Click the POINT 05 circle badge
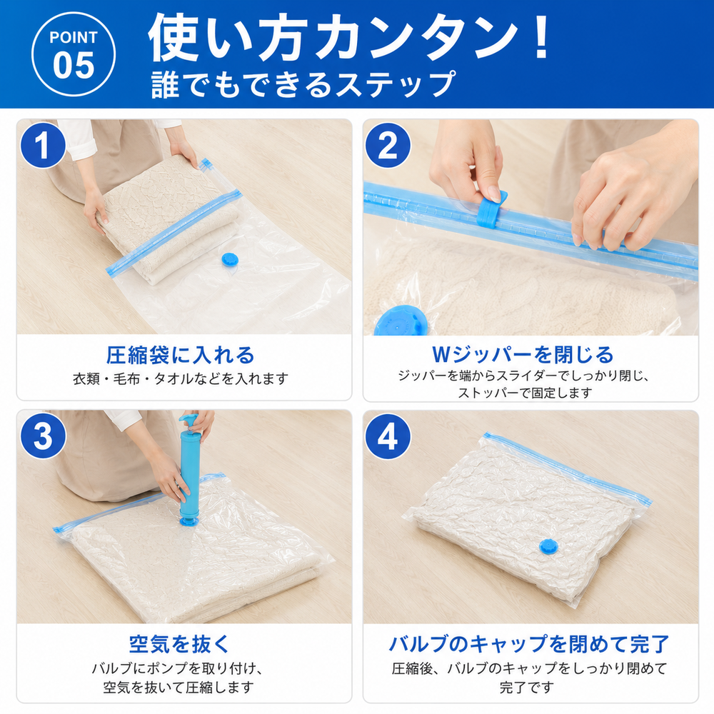pos(74,54)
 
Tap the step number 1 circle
pos(43,146)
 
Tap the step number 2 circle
pos(388,146)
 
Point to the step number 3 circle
pos(43,436)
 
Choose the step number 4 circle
pos(388,436)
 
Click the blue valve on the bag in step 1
pos(230,260)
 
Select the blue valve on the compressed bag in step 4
pos(548,546)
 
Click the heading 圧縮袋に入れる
pos(181,355)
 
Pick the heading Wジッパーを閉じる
pos(523,355)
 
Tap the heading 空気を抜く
pos(179,644)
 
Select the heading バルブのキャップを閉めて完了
pos(528,644)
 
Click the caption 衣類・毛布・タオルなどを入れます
pos(181,378)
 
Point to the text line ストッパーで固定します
pos(525,393)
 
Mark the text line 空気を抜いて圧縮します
pos(178,687)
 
